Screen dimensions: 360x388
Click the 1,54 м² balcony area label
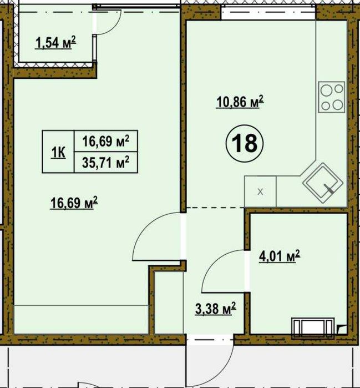55,42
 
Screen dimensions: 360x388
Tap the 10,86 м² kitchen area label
240,102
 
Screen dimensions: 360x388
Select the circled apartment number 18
245,144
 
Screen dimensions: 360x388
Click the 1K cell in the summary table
58,152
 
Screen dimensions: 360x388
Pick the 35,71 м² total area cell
106,162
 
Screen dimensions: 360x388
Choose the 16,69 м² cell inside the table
106,141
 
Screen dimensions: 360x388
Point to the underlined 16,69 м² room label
74,203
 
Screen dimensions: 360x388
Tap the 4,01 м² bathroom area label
280,256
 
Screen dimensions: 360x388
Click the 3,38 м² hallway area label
216,309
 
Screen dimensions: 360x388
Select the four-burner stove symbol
331,97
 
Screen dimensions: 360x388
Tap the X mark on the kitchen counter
260,192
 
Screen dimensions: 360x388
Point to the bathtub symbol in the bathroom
313,328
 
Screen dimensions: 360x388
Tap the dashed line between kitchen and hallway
215,208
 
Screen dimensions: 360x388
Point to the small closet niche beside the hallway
169,302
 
